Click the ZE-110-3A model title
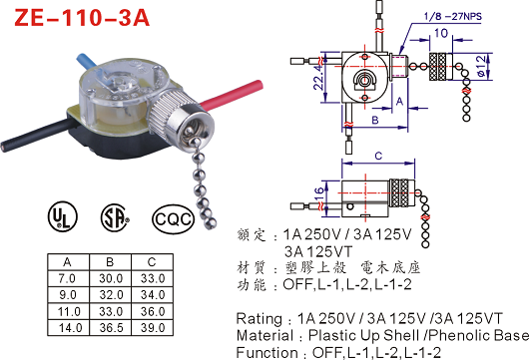[82, 18]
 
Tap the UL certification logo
[63, 216]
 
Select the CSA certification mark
[115, 217]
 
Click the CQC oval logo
[174, 219]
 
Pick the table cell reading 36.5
[111, 328]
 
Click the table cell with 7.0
[68, 279]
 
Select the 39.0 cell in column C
[153, 328]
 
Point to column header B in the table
[110, 262]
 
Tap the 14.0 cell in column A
[70, 328]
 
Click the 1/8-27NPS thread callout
[453, 16]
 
